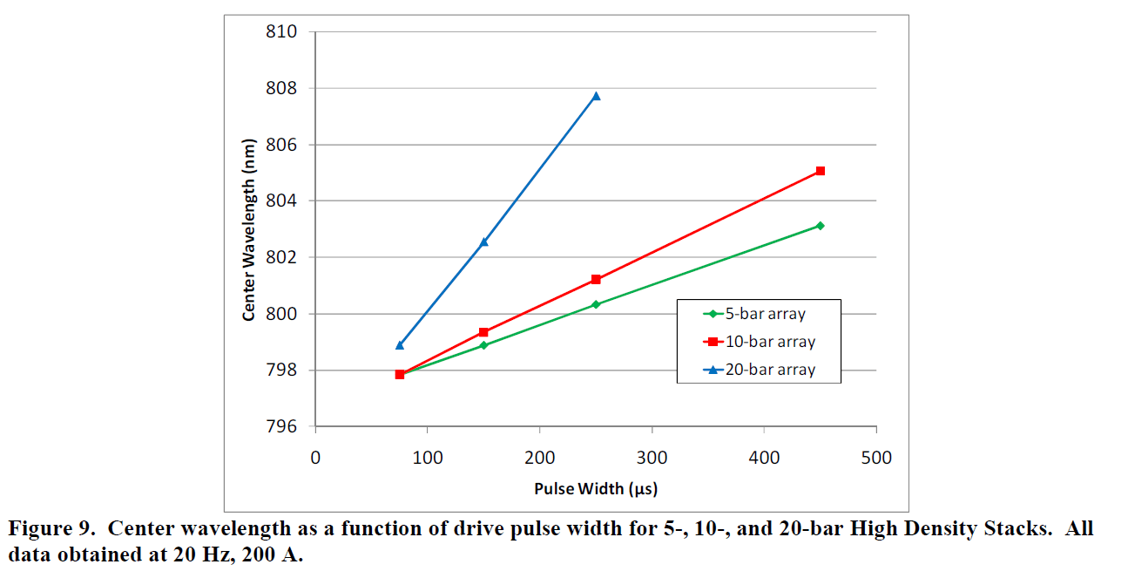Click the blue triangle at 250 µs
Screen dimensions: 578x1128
[596, 96]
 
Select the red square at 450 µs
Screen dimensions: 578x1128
[821, 171]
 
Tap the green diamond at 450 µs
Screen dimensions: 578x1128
[821, 226]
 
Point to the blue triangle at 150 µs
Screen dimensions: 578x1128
[483, 241]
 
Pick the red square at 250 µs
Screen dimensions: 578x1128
[596, 279]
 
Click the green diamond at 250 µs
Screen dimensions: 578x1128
[596, 304]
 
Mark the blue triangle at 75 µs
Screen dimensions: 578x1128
[400, 345]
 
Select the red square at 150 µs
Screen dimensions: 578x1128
[483, 332]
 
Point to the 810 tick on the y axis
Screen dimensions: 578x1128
[280, 32]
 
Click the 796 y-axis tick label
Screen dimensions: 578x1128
[280, 427]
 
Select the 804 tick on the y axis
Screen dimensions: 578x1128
[280, 201]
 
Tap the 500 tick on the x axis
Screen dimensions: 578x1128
[876, 458]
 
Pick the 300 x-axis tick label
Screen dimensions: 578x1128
[652, 458]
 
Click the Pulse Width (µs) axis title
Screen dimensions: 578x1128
[596, 489]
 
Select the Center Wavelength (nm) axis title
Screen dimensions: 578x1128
[249, 229]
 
